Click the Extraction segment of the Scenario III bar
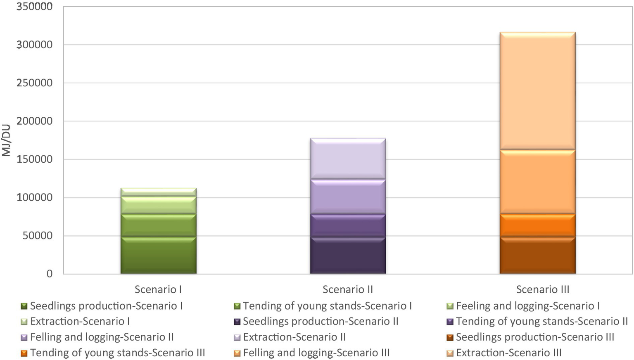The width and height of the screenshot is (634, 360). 537,91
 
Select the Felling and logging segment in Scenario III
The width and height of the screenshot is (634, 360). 537,182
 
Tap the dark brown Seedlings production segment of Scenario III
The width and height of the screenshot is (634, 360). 537,255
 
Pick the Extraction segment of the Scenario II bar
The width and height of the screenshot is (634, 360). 348,159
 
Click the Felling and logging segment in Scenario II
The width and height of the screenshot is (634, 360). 348,197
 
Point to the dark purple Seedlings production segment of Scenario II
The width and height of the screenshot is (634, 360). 348,255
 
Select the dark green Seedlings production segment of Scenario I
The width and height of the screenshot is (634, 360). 158,255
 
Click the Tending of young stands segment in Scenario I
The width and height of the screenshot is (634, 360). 158,225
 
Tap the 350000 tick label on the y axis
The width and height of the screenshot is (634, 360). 34,7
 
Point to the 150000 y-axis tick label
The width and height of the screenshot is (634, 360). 34,159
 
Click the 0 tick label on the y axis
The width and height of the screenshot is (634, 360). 50,274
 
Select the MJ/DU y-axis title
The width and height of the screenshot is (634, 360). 6,140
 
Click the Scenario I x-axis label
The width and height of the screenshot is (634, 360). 158,289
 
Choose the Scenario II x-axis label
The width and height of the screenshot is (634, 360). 348,289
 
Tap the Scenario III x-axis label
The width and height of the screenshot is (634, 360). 543,289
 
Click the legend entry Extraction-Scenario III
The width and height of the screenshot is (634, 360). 508,353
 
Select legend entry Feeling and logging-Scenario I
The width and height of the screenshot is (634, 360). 527,306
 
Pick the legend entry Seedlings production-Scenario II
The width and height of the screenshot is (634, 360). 320,322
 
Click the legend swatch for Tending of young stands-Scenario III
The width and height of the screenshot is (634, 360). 24,353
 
